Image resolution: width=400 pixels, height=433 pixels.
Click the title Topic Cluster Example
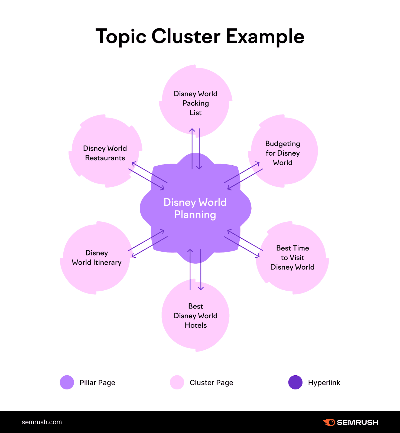(x=200, y=36)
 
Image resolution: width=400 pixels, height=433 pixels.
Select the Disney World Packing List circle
(x=196, y=103)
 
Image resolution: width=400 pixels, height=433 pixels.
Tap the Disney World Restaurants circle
(x=105, y=153)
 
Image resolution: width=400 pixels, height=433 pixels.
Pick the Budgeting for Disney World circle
(x=283, y=153)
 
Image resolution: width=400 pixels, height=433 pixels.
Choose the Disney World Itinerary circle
(x=97, y=258)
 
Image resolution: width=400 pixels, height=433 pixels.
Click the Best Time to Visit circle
(x=292, y=258)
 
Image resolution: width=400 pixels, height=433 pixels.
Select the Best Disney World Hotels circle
(x=196, y=316)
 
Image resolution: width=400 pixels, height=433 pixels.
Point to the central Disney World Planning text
(x=195, y=208)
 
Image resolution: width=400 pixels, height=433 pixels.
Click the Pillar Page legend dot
(x=67, y=382)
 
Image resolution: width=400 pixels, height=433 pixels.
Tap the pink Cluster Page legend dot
(x=177, y=382)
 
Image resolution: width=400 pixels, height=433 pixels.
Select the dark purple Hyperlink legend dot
(x=295, y=382)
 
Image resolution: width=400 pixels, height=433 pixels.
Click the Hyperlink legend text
(x=324, y=383)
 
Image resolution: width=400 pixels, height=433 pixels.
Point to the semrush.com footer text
(x=42, y=422)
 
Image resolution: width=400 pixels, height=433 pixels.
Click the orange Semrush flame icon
(x=329, y=422)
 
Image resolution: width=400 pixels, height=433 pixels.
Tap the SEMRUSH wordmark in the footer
(x=357, y=422)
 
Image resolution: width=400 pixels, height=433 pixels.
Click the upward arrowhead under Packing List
(x=192, y=130)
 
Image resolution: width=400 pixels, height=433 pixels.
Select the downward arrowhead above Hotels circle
(x=201, y=288)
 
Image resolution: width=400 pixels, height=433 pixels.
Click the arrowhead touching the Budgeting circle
(x=258, y=163)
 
